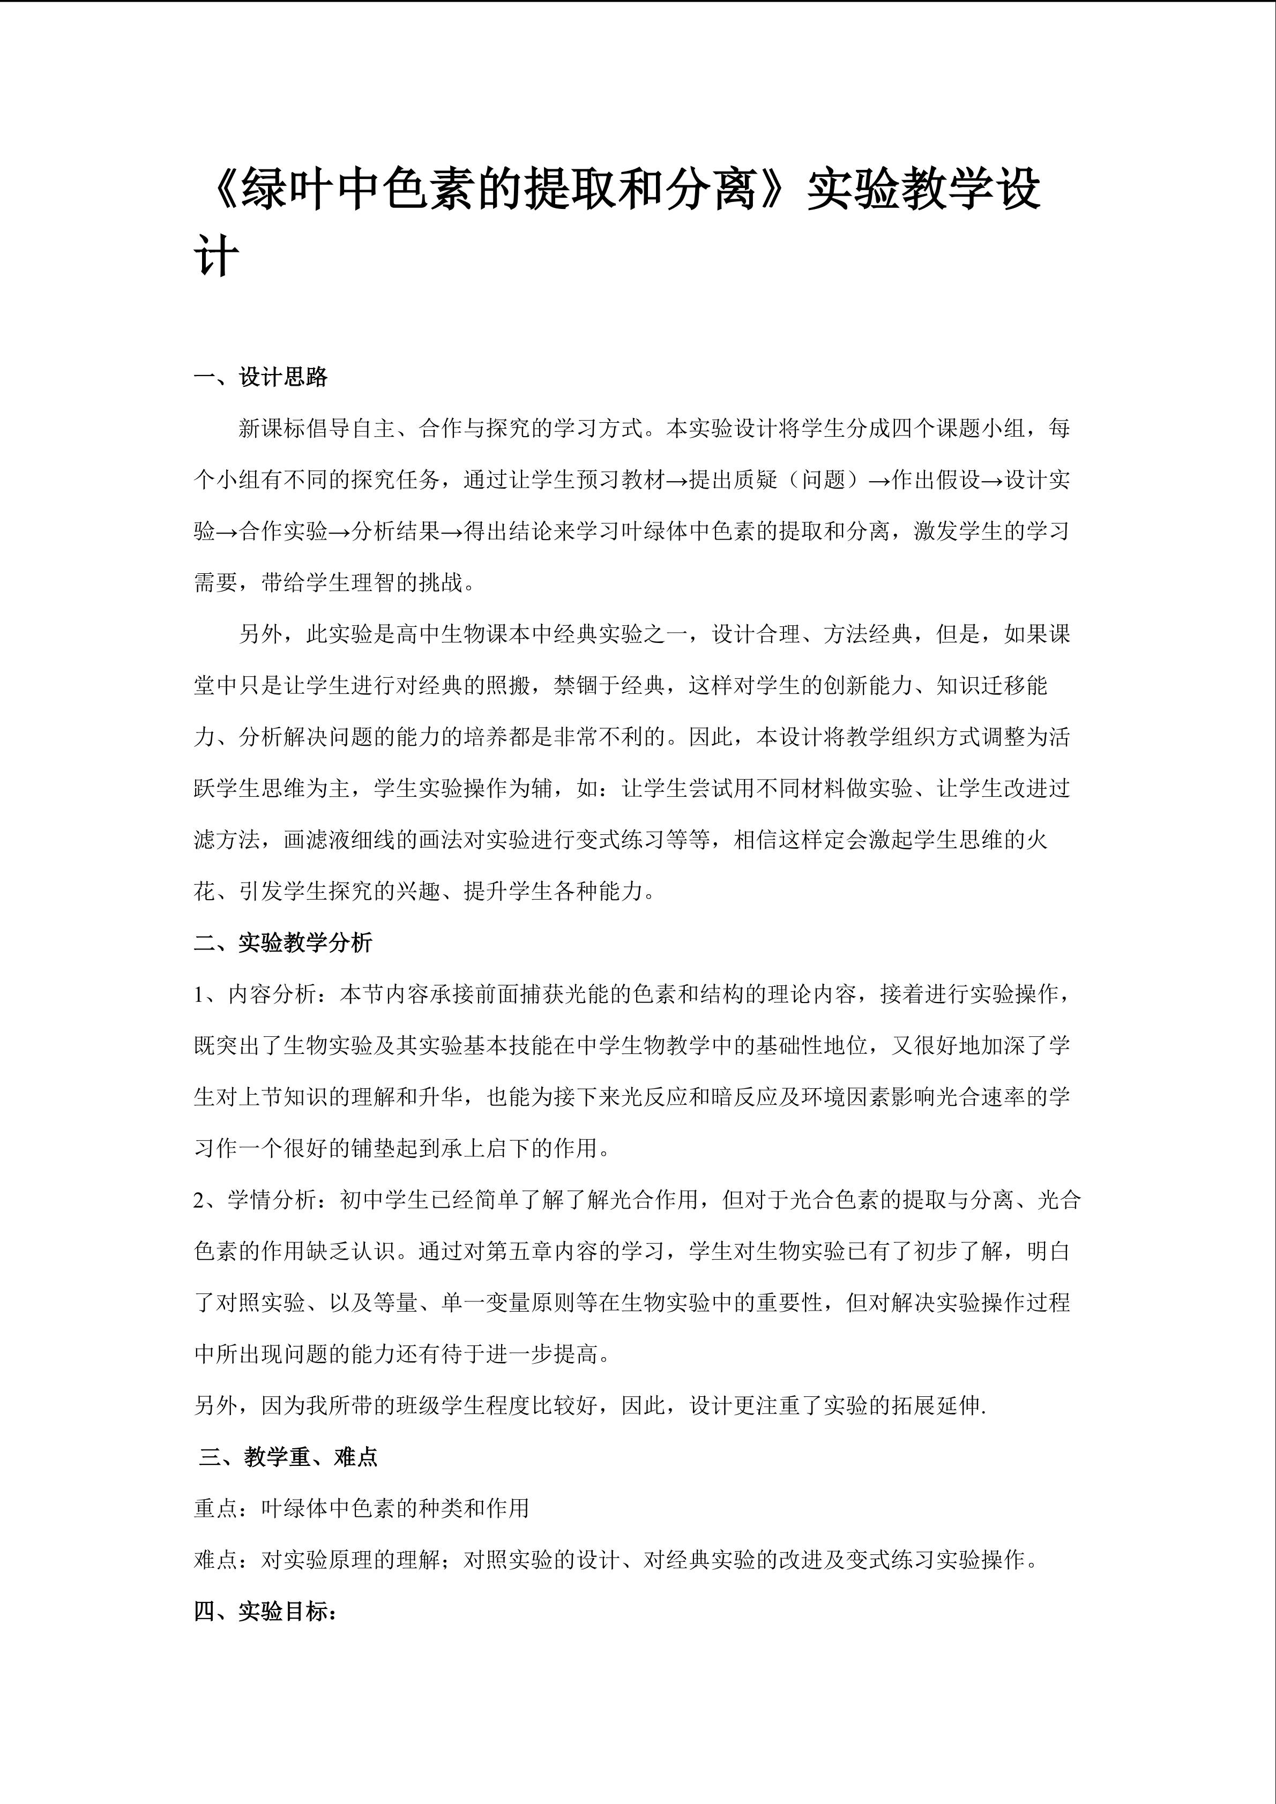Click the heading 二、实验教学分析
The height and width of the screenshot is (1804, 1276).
coord(283,943)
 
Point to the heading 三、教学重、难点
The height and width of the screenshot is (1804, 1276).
coord(288,1457)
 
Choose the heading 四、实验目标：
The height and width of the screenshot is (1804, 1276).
coord(266,1612)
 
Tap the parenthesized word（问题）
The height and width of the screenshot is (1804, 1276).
coord(824,480)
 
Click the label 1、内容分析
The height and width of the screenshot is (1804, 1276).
coord(255,995)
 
